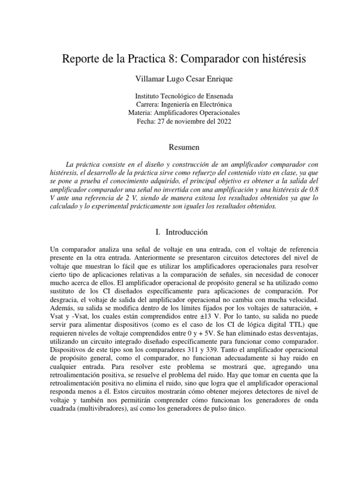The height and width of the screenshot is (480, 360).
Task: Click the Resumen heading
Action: pyautogui.click(x=180, y=147)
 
